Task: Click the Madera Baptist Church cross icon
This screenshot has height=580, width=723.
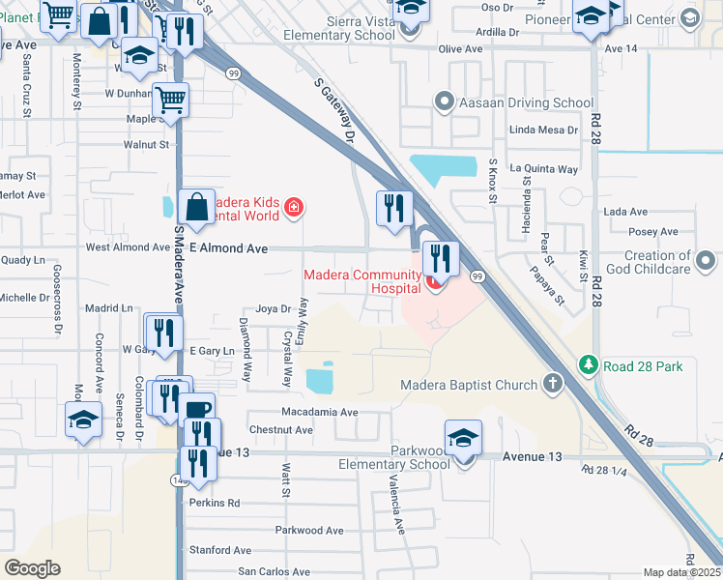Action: point(552,385)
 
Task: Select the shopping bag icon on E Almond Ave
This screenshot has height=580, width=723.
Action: point(196,208)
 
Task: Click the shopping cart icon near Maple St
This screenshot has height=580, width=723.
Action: point(170,100)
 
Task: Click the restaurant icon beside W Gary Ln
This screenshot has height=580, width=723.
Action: point(163,333)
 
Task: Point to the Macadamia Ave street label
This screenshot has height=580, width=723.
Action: point(320,412)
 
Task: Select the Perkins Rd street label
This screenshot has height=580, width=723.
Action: point(215,503)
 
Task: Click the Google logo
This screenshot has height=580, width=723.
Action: point(32,568)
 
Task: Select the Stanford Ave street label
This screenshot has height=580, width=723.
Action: point(219,550)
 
